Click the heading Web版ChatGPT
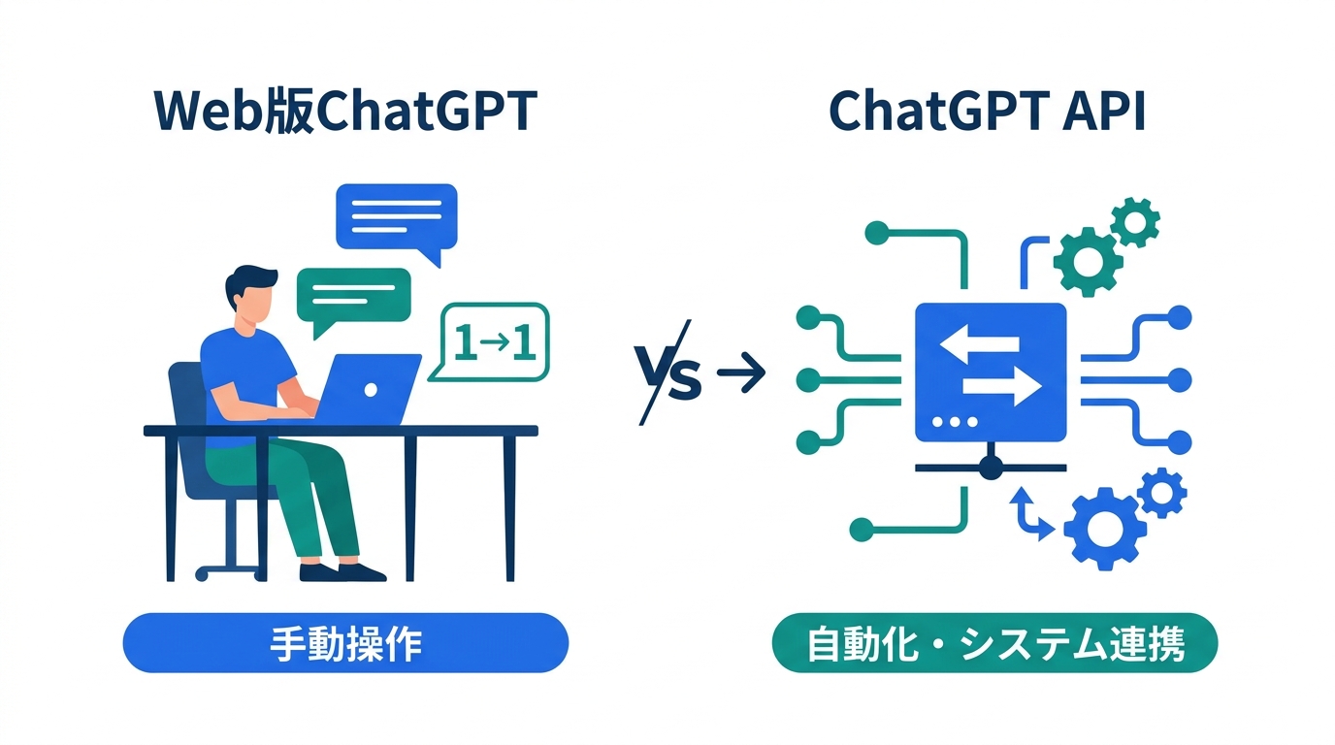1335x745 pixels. click(343, 113)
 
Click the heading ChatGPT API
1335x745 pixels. click(988, 113)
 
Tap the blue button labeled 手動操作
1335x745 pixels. click(345, 643)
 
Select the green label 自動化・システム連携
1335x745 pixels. click(994, 643)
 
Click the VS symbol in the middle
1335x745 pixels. click(667, 372)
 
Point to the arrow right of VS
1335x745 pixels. click(741, 372)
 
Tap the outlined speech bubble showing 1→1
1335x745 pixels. click(494, 341)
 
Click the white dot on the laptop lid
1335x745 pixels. click(371, 390)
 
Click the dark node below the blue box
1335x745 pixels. click(991, 468)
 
